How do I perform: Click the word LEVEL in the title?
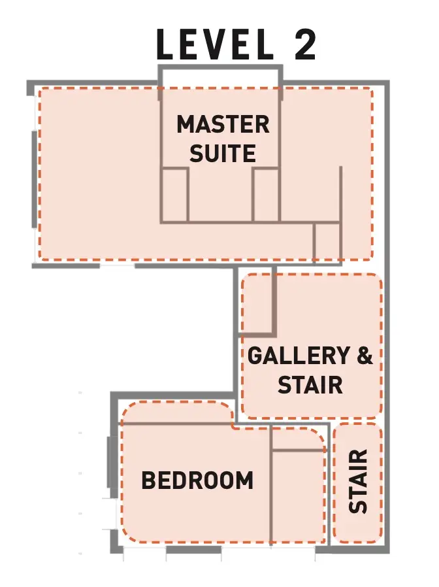(x=216, y=44)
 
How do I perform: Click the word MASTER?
(x=223, y=124)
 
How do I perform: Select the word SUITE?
(x=223, y=153)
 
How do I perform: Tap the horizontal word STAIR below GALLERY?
(x=310, y=384)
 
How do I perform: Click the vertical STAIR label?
(x=358, y=481)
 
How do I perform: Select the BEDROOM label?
(x=197, y=480)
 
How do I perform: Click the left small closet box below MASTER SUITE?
(x=175, y=195)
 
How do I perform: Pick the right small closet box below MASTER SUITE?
(x=266, y=195)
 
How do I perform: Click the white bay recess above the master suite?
(x=220, y=78)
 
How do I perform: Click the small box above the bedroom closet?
(x=299, y=438)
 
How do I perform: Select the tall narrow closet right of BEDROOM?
(x=299, y=497)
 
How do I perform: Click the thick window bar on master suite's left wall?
(x=35, y=179)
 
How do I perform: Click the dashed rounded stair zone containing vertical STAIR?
(x=358, y=483)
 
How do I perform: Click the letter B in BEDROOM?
(x=148, y=480)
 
